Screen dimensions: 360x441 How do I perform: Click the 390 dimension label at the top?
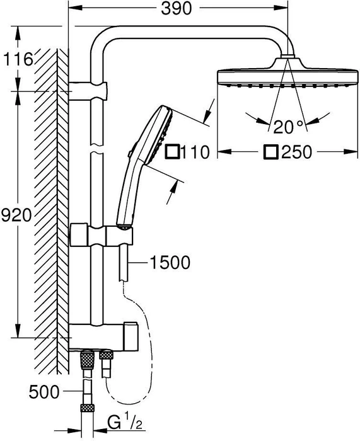pyautogui.click(x=176, y=9)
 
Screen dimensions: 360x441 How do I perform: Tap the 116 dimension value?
pyautogui.click(x=18, y=59)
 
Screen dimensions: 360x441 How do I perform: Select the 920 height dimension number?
pyautogui.click(x=16, y=215)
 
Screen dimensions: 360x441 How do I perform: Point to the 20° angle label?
pyautogui.click(x=288, y=127)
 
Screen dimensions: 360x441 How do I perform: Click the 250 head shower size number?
pyautogui.click(x=297, y=152)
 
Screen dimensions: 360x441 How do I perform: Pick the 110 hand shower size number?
pyautogui.click(x=195, y=152)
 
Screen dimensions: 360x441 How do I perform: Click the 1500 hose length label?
pyautogui.click(x=170, y=263)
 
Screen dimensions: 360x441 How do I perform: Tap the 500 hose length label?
pyautogui.click(x=44, y=392)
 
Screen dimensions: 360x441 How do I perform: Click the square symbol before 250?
pyautogui.click(x=270, y=152)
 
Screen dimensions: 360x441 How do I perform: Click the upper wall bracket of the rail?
pyautogui.click(x=88, y=91)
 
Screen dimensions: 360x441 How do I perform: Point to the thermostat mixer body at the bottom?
pyautogui.click(x=103, y=336)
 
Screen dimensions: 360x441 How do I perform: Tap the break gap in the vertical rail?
pyautogui.click(x=97, y=149)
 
